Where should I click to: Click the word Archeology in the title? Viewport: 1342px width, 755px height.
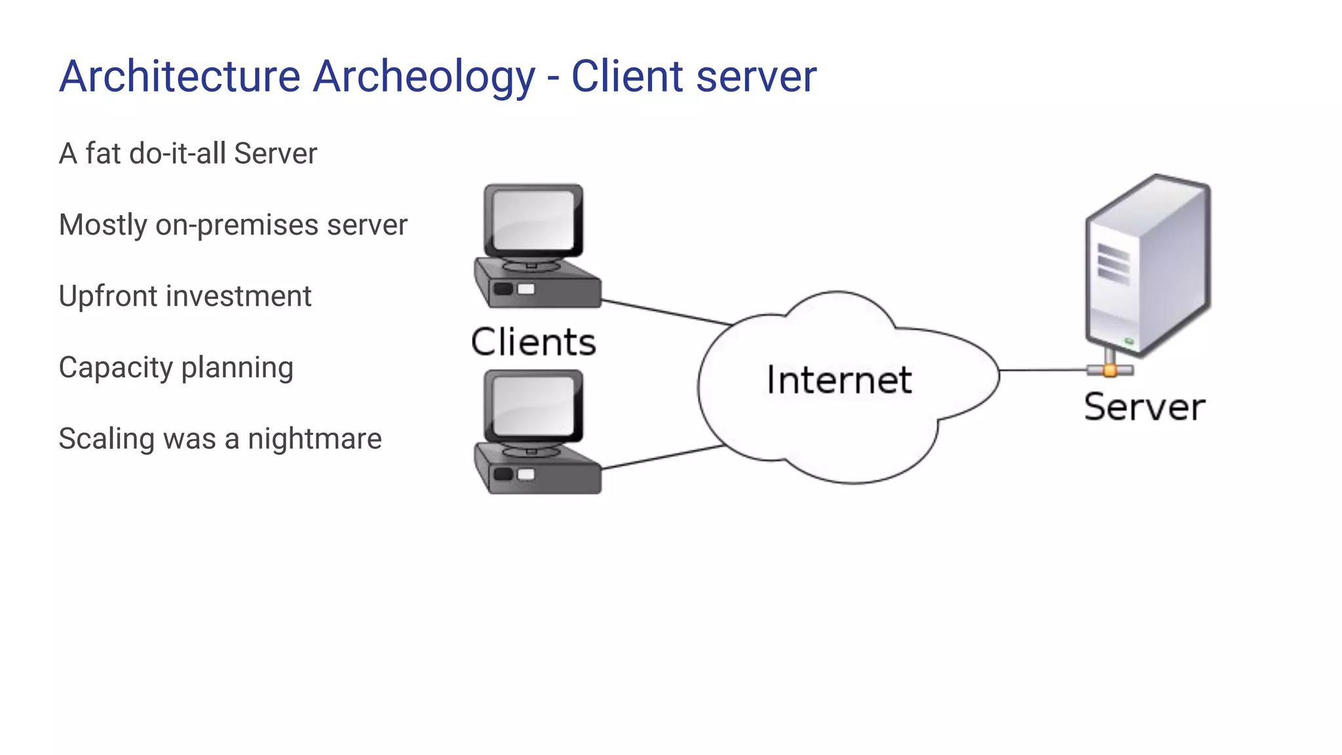pyautogui.click(x=423, y=77)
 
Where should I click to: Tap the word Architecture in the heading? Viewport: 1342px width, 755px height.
pyautogui.click(x=180, y=77)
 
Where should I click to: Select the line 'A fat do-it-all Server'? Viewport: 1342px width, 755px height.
pyautogui.click(x=188, y=154)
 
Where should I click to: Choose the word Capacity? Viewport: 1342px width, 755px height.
pyautogui.click(x=115, y=368)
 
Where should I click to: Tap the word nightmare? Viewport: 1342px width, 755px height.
pyautogui.click(x=315, y=439)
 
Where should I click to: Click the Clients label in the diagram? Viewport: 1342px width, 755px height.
pyautogui.click(x=533, y=342)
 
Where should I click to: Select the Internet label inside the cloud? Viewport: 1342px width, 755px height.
pyautogui.click(x=839, y=380)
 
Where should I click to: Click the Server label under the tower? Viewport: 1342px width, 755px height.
pyautogui.click(x=1144, y=407)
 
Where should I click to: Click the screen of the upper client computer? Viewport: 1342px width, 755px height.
pyautogui.click(x=533, y=220)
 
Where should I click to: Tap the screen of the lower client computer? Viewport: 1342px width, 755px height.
pyautogui.click(x=533, y=406)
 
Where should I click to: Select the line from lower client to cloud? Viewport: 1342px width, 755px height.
pyautogui.click(x=662, y=457)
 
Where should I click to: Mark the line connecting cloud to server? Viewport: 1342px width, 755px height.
pyautogui.click(x=1042, y=370)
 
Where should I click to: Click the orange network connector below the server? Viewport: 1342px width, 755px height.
pyautogui.click(x=1109, y=370)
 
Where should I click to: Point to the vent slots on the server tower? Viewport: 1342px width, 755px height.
pyautogui.click(x=1113, y=263)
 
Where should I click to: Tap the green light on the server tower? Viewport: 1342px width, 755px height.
pyautogui.click(x=1128, y=341)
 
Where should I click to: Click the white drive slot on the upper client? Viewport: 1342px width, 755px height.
pyautogui.click(x=526, y=289)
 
